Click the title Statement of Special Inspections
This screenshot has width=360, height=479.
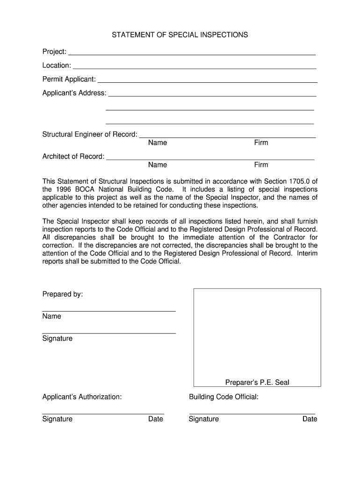[x=180, y=35]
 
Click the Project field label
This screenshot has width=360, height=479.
[x=54, y=51]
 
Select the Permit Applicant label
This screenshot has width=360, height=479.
[x=69, y=79]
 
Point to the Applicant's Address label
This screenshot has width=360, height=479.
[x=74, y=93]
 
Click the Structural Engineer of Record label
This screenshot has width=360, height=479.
[x=90, y=135]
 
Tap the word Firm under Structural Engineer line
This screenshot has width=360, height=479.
[x=261, y=143]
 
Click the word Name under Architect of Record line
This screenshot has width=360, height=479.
[x=158, y=165]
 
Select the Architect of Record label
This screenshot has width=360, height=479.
[x=73, y=157]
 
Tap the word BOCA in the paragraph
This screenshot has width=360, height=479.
[x=85, y=189]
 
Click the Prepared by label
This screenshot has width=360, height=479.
[x=63, y=294]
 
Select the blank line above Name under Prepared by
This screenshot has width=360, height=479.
[x=109, y=311]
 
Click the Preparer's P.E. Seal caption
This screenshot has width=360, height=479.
[x=257, y=383]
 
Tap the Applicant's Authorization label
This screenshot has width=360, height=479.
[x=82, y=397]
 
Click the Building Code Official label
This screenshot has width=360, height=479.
[x=223, y=397]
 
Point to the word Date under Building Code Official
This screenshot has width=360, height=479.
[x=310, y=419]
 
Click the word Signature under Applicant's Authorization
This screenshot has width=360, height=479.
[x=58, y=419]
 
